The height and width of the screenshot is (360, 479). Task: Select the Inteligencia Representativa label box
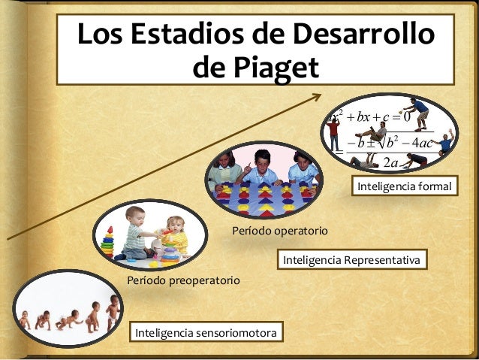click(x=352, y=260)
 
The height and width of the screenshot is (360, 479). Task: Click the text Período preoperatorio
click(x=183, y=280)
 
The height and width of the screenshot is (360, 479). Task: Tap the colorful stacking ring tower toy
click(x=109, y=242)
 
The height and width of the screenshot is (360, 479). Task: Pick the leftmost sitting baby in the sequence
click(x=25, y=320)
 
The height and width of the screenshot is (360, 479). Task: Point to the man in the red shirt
click(x=333, y=135)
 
